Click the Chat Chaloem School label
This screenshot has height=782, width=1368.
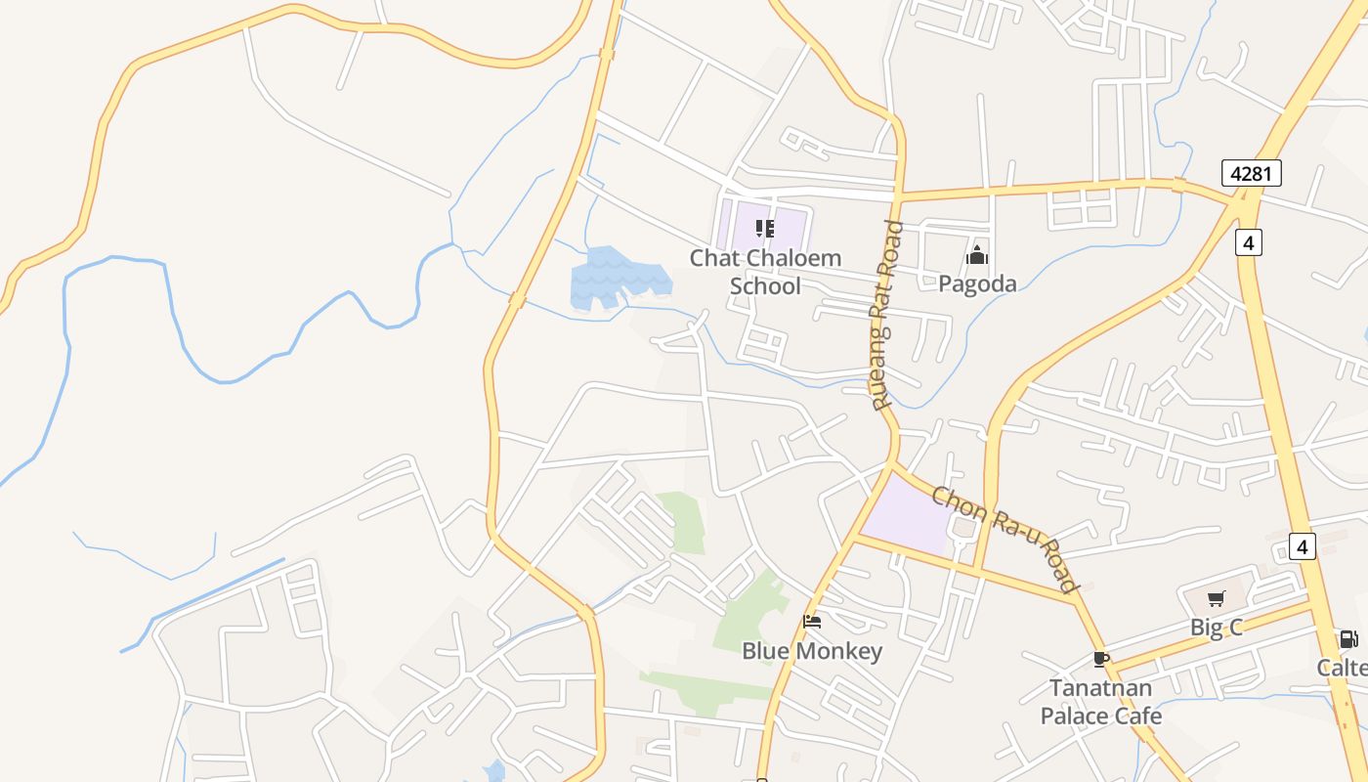click(765, 272)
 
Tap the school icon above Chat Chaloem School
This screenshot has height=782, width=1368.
click(765, 229)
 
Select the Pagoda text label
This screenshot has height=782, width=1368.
click(977, 283)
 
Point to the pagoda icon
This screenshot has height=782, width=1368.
click(976, 256)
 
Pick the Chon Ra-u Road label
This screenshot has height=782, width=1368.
click(1005, 539)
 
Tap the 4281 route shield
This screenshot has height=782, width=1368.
click(1251, 174)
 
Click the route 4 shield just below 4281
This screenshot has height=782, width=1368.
click(1248, 241)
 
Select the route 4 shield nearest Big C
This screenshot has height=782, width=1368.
click(1302, 545)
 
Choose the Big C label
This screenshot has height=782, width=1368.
click(1216, 628)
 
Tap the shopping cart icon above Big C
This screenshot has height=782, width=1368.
click(1216, 599)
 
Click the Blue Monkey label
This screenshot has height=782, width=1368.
click(812, 651)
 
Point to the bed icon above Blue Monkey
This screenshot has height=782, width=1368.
click(811, 621)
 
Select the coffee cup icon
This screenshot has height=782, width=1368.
click(1101, 659)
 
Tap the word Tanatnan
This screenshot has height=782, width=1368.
click(1101, 688)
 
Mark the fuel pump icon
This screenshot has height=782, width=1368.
click(1348, 639)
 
